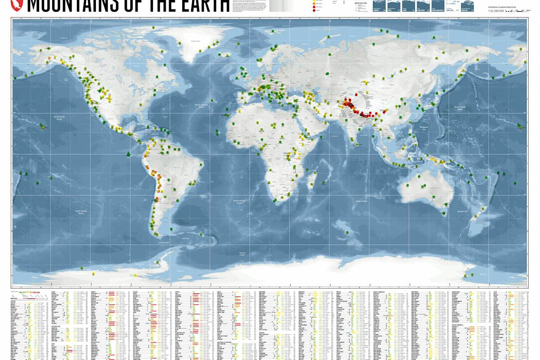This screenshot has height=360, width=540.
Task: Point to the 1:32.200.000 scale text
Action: (x=497, y=10)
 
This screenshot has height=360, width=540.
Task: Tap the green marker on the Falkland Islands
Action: (x=171, y=230)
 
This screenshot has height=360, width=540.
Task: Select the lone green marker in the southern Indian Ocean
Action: (x=347, y=232)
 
